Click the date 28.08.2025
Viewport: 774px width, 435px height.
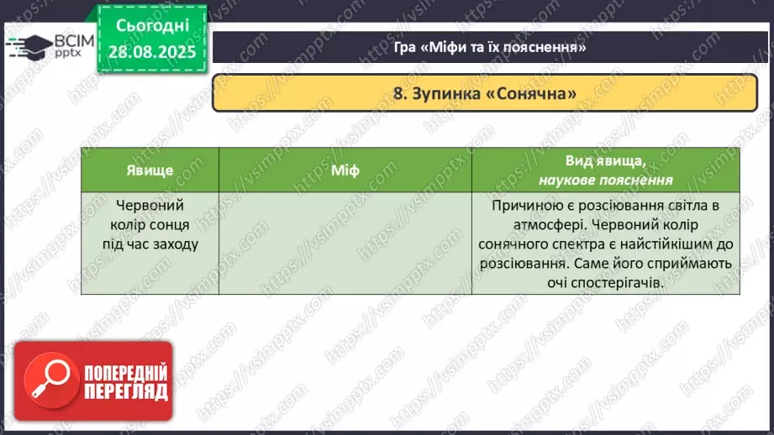point(153,51)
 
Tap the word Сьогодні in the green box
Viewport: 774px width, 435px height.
point(153,26)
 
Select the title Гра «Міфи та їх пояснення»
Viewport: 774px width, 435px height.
point(490,47)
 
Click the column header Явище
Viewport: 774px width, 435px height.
point(150,170)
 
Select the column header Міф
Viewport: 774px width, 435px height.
point(345,170)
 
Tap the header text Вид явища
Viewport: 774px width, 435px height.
point(605,161)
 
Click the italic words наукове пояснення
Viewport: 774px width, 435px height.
point(605,180)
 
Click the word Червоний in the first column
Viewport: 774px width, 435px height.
point(149,205)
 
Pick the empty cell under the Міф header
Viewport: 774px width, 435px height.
point(345,244)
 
